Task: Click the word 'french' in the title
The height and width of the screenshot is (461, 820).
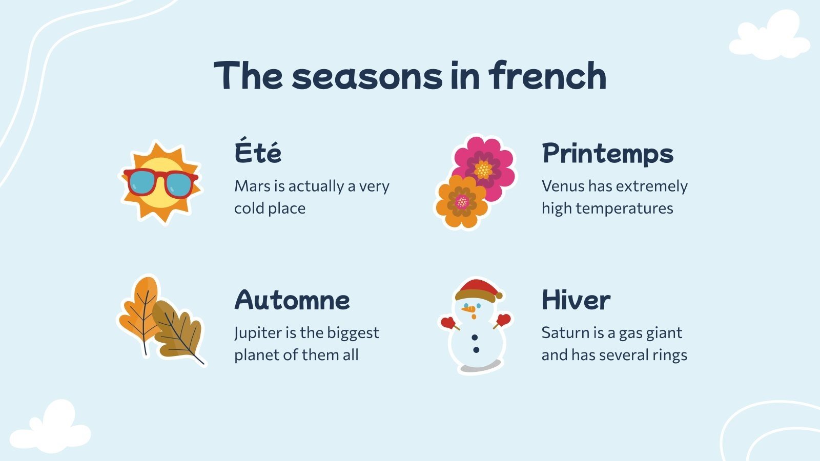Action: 547,76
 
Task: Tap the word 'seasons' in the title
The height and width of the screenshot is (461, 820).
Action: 366,76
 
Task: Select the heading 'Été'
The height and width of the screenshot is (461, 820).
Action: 258,153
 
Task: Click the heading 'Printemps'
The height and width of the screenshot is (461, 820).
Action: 607,153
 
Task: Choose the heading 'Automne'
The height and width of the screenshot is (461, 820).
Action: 292,300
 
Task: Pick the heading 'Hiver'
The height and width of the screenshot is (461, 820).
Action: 576,300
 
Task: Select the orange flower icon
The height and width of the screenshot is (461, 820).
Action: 461,202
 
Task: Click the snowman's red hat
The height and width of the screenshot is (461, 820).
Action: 478,289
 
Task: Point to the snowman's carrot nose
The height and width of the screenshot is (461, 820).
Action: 468,310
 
